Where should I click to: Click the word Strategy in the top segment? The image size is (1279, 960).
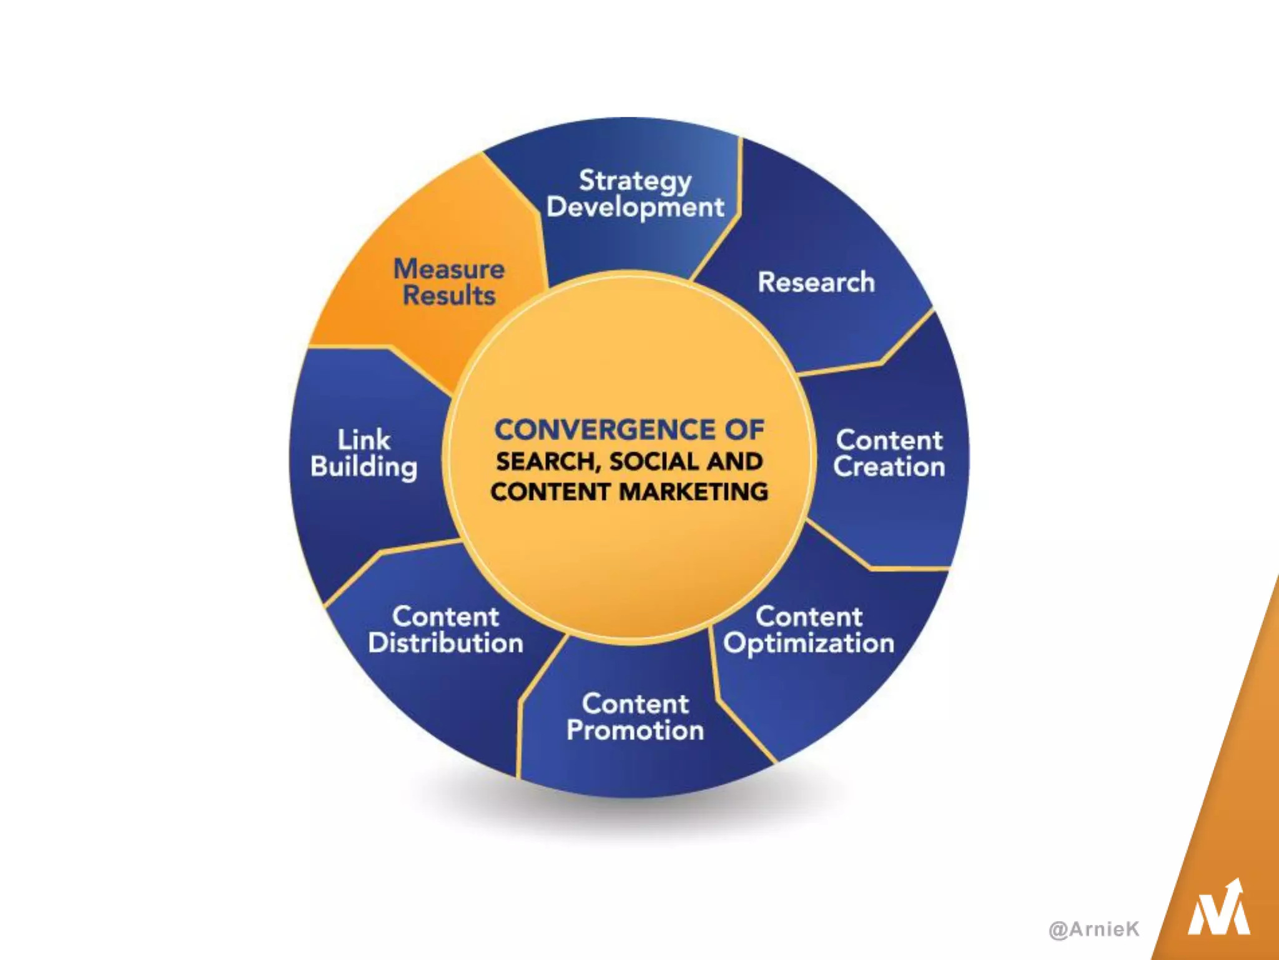pos(635,181)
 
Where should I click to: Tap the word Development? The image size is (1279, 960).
pos(635,207)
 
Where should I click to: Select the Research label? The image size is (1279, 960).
pos(816,282)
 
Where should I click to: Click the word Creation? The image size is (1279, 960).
pos(889,467)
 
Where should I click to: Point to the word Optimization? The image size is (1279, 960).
pos(809,644)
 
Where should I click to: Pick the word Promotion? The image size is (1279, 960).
pos(635,731)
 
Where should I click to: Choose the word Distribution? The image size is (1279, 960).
pos(445,643)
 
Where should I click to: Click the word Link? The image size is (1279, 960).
pos(364,440)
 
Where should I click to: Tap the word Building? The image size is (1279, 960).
pos(364,467)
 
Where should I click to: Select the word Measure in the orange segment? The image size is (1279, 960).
pos(449,269)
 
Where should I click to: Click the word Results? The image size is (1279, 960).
pos(449,296)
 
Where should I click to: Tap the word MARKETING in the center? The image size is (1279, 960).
pos(694,492)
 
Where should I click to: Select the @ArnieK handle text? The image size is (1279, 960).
pos(1094,929)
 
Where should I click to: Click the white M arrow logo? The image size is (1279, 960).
pos(1218,909)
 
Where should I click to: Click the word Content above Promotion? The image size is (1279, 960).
pos(635,704)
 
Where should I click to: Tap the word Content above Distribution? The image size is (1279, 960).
pos(445,617)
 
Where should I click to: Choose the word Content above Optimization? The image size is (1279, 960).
pos(809,617)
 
